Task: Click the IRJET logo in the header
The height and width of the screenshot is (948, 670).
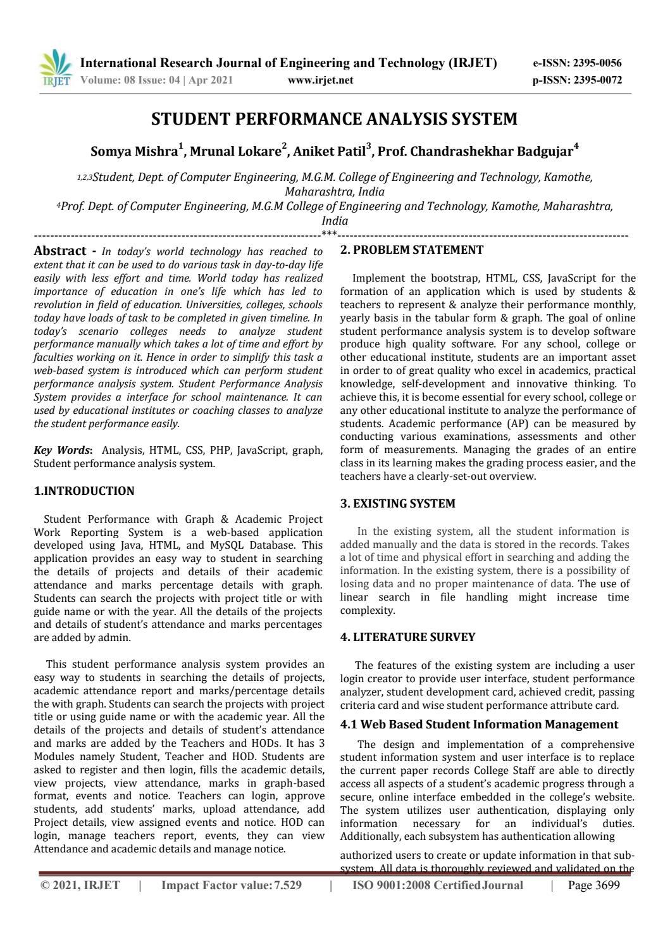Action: pos(56,70)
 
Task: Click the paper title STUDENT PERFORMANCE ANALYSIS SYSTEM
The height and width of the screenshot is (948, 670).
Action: pos(334,119)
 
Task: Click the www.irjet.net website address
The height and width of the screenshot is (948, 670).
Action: pos(320,80)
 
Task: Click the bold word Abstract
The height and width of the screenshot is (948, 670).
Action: pos(59,251)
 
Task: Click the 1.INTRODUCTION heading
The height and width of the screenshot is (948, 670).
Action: pos(84,491)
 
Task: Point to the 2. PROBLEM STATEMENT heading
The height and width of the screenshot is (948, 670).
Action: pos(411,250)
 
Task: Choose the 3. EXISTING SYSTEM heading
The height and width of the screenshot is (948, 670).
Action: pos(397,504)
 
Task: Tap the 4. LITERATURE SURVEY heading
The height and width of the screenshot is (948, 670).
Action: pos(407,637)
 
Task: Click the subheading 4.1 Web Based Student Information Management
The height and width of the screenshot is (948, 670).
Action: pos(478,724)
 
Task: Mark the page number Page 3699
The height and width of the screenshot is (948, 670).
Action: pos(594,885)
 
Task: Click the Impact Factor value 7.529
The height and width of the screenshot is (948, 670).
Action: pos(287,885)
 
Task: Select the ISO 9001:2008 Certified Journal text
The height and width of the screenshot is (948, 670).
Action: pos(437,885)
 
